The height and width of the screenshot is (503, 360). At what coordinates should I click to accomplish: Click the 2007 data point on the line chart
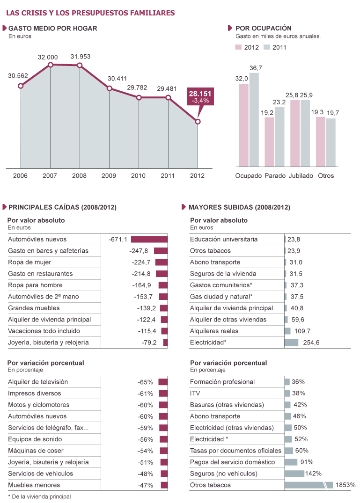pyautogui.click(x=51, y=65)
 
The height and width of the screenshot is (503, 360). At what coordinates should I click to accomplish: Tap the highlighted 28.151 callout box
pyautogui.click(x=200, y=97)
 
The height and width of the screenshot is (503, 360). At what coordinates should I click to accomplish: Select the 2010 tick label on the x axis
pyautogui.click(x=138, y=176)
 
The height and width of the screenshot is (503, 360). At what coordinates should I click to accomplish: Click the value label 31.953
pyautogui.click(x=81, y=57)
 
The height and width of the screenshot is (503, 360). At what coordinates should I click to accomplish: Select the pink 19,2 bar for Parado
pyautogui.click(x=269, y=142)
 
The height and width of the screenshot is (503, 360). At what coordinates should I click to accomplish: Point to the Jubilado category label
pyautogui.click(x=301, y=176)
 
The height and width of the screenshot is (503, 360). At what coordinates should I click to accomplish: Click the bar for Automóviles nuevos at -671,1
pyautogui.click(x=149, y=239)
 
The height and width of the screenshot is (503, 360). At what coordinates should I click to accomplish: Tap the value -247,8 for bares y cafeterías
pyautogui.click(x=139, y=251)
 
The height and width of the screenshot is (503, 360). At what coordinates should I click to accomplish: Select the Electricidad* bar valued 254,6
pyautogui.click(x=291, y=343)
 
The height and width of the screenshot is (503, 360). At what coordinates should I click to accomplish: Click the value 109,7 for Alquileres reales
pyautogui.click(x=302, y=331)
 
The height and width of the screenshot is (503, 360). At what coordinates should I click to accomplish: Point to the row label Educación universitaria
pyautogui.click(x=224, y=239)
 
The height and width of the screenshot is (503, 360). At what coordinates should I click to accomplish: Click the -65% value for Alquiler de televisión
pyautogui.click(x=146, y=382)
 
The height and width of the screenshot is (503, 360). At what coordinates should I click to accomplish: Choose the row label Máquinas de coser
pyautogui.click(x=36, y=451)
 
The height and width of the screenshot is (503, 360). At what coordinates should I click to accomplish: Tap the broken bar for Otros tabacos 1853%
pyautogui.click(x=309, y=485)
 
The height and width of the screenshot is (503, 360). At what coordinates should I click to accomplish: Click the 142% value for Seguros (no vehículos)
pyautogui.click(x=313, y=474)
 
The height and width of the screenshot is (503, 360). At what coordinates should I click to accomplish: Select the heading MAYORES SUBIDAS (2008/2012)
pyautogui.click(x=239, y=207)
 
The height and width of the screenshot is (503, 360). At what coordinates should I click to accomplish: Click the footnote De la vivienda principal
pyautogui.click(x=42, y=496)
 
